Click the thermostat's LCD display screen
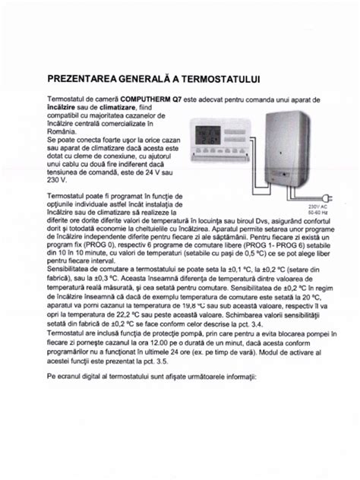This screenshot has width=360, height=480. coord(214,134)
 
